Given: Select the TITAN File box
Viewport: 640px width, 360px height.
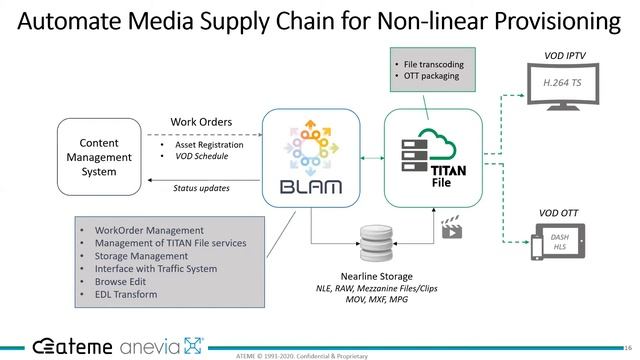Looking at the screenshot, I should [x=433, y=158].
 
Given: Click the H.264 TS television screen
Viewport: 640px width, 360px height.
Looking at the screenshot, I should [x=564, y=84].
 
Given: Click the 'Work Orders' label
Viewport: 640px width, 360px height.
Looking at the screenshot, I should [x=201, y=122].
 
